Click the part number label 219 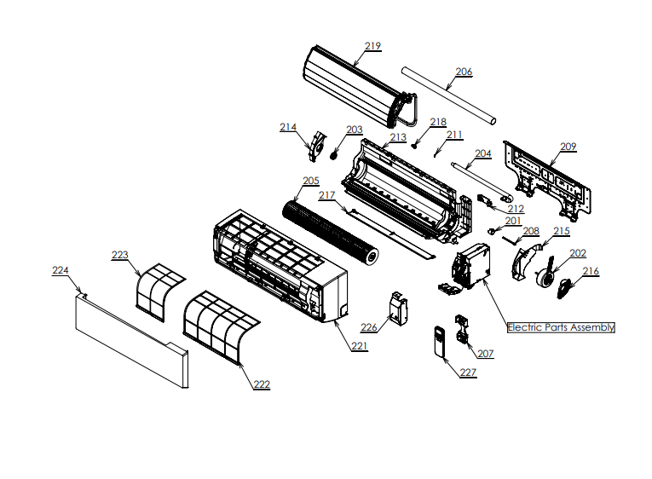pos(372,45)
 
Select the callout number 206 pos(463,72)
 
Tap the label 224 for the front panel pos(60,270)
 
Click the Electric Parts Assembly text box pos(561,327)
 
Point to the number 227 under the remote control pos(468,372)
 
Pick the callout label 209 pos(568,147)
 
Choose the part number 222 pos(261,384)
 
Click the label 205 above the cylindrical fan pos(310,181)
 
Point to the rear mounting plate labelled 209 pos(545,179)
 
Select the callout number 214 pos(288,127)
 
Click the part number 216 pos(591,272)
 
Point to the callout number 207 pos(485,353)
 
